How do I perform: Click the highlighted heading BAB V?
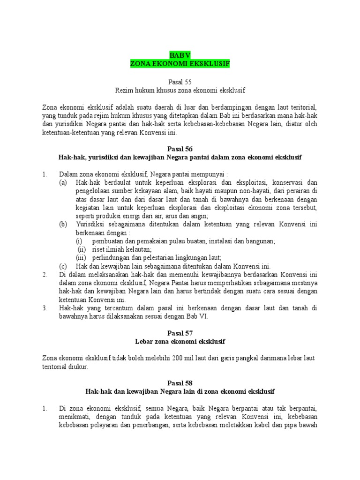[x=180, y=55]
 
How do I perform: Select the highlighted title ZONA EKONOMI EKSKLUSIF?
[x=180, y=64]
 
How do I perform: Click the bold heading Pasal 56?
[x=180, y=149]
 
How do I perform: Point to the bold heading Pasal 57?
[x=180, y=333]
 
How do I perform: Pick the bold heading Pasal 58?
[x=180, y=383]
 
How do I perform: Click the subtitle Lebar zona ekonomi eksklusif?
[x=180, y=341]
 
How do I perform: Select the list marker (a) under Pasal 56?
[x=63, y=182]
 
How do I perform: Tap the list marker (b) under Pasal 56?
[x=63, y=225]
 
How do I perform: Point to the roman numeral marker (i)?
[x=80, y=241]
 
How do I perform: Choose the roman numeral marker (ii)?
[x=82, y=249]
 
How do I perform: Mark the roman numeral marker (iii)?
[x=82, y=258]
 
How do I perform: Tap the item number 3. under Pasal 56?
[x=45, y=308]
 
